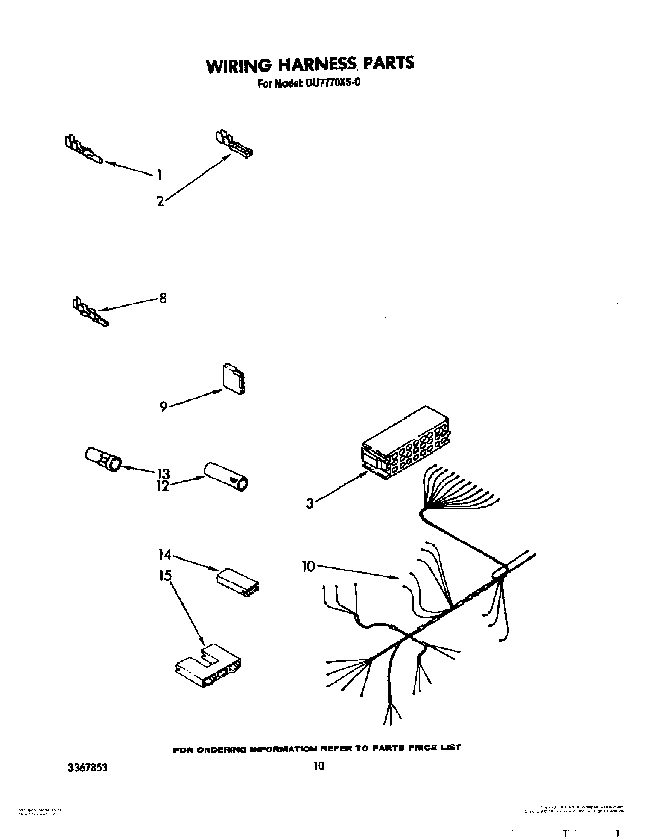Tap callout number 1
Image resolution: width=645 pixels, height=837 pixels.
tap(159, 175)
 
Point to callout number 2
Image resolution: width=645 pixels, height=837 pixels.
tap(160, 202)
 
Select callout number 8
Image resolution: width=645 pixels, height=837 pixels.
tap(162, 298)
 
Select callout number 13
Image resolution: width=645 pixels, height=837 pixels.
tap(163, 473)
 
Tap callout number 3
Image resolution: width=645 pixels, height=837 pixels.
tap(310, 503)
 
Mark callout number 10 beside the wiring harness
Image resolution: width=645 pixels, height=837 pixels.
tap(309, 566)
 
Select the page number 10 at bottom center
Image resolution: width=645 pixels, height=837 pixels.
tap(318, 766)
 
